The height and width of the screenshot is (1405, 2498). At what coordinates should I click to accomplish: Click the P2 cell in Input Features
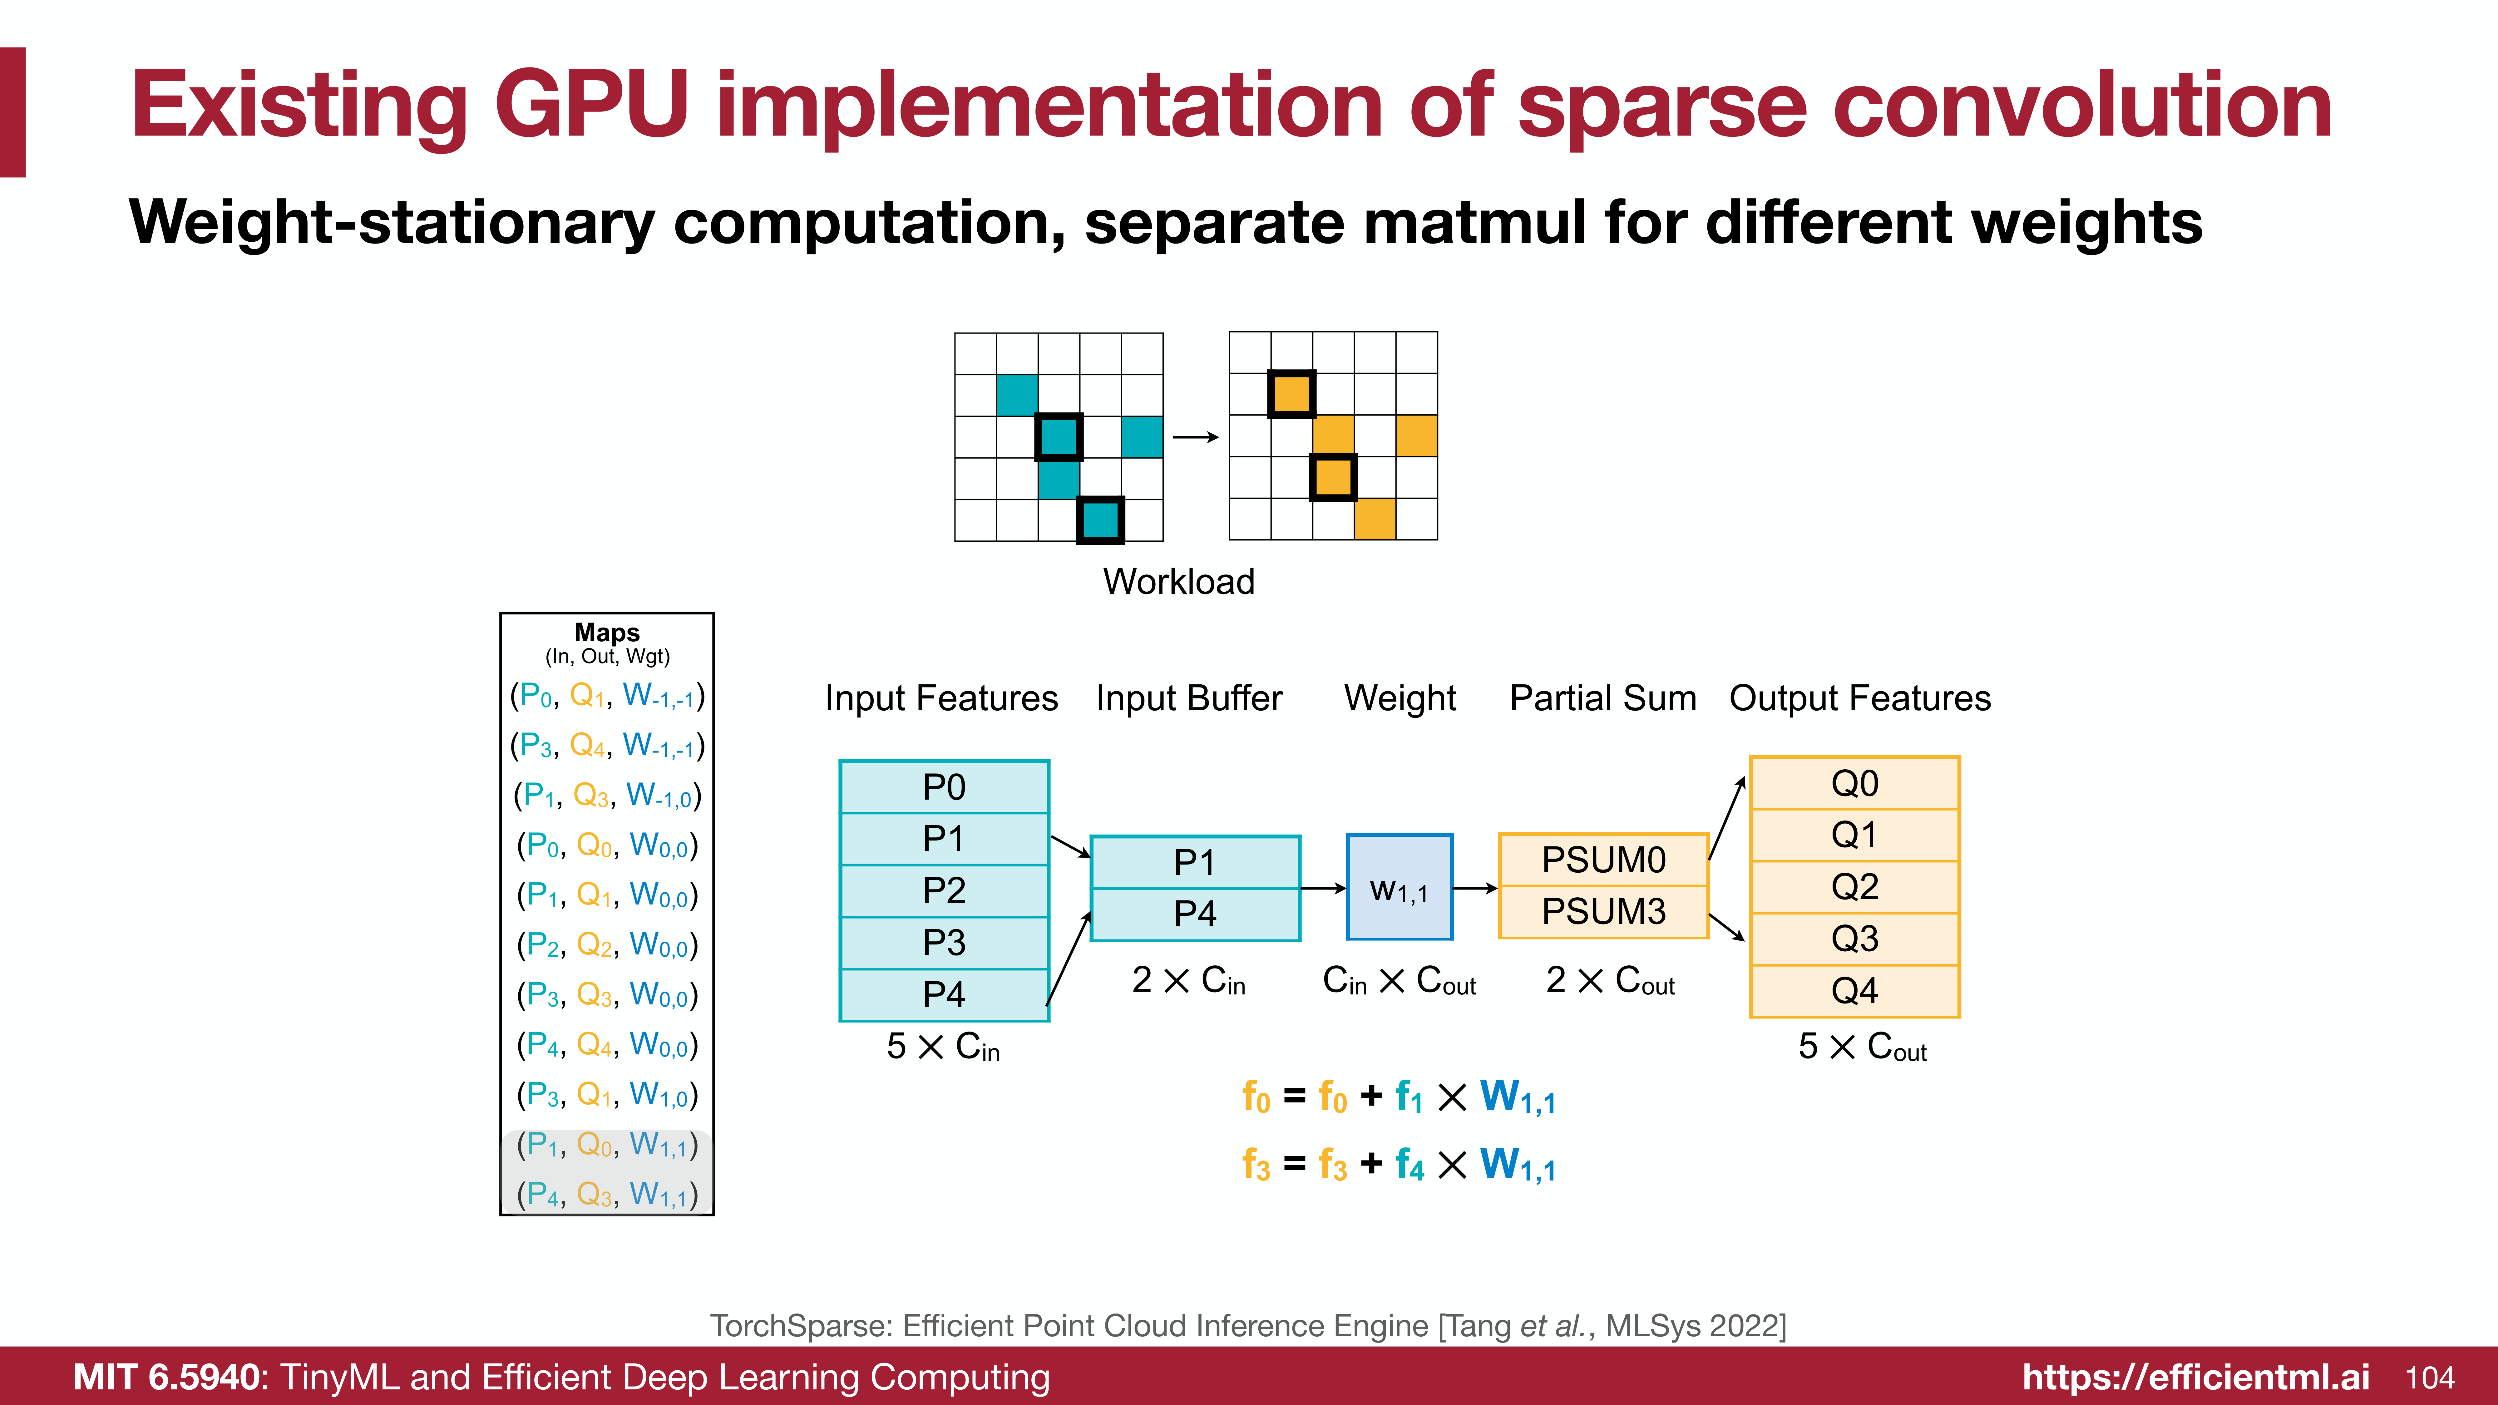[944, 890]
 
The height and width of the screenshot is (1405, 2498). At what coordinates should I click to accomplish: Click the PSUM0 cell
[1603, 859]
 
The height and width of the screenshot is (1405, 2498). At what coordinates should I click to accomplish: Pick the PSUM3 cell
[1603, 911]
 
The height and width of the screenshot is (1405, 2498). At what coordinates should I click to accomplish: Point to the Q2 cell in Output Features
[1854, 886]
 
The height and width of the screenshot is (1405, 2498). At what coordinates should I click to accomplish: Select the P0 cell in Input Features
[944, 786]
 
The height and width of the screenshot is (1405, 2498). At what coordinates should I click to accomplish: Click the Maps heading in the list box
[607, 632]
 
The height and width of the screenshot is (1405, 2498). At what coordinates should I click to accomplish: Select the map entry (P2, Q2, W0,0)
[607, 944]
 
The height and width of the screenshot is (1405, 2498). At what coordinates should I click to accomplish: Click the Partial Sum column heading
[1603, 698]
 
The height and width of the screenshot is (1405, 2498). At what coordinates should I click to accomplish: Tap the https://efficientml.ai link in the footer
[2195, 1378]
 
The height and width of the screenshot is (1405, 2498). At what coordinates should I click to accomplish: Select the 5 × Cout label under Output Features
[1862, 1047]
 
